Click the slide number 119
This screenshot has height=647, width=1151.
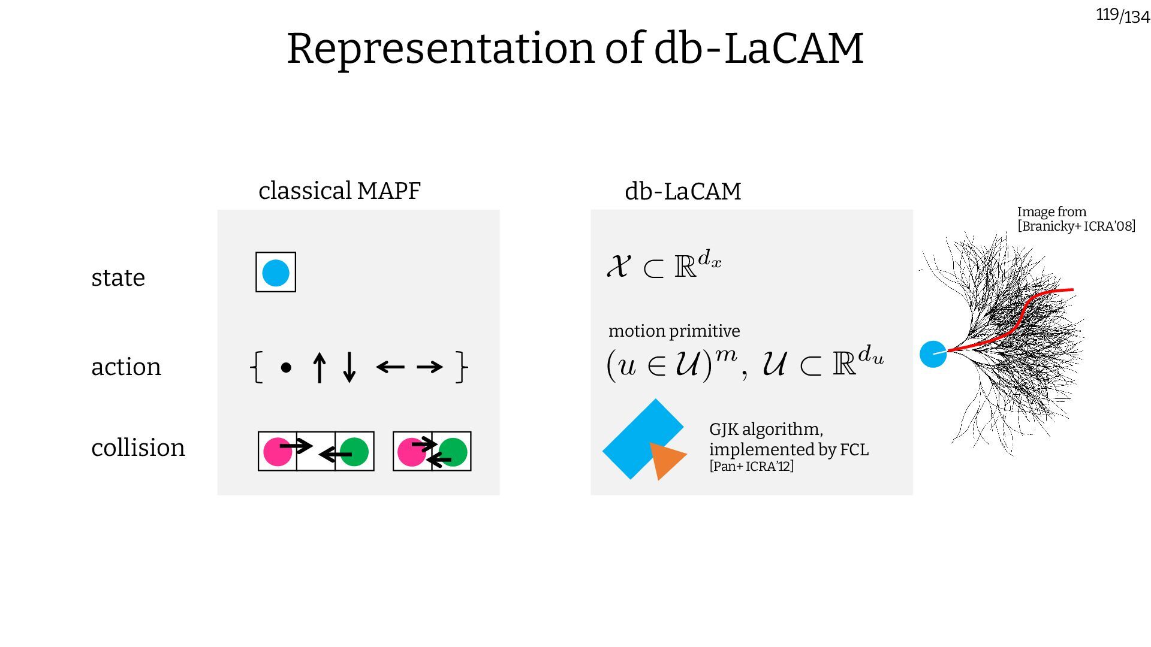(1107, 14)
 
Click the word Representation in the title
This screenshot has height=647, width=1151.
(440, 49)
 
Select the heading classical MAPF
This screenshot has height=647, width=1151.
(339, 191)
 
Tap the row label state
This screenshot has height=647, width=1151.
(118, 278)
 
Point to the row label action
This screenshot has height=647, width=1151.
(126, 367)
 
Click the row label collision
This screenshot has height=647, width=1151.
(138, 448)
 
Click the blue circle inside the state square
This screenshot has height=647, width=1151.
(276, 273)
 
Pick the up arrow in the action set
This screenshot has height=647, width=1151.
(320, 367)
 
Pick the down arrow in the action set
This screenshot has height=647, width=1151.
(349, 367)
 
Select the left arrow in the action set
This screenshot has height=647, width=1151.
(390, 367)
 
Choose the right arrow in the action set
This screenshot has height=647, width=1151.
(429, 367)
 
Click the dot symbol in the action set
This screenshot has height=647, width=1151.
(286, 367)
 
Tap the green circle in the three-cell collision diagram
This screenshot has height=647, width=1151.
(355, 452)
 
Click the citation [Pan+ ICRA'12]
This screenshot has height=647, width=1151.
(751, 466)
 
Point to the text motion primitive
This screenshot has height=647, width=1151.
(674, 331)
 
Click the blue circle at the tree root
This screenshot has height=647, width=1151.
(933, 354)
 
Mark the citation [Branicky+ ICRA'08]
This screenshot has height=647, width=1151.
(1076, 226)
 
